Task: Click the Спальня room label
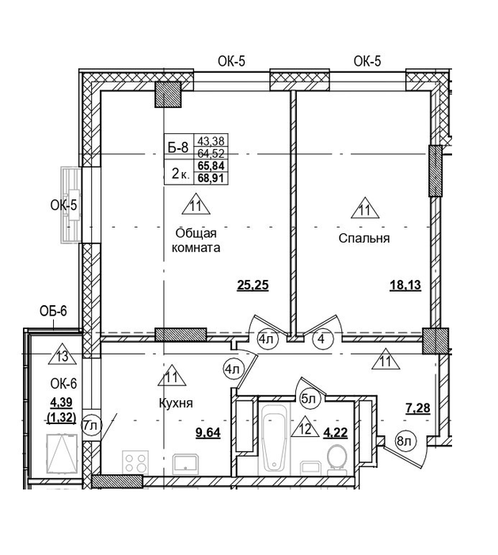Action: tap(364, 238)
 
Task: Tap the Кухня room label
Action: tap(176, 403)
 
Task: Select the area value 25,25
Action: tap(253, 285)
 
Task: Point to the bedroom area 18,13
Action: tap(405, 285)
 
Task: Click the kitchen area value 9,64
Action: tap(208, 433)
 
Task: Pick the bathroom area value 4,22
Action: tap(336, 433)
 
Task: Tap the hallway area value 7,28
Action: tap(418, 408)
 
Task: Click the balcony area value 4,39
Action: tap(61, 402)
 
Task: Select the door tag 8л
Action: tap(405, 442)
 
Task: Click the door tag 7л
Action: tap(92, 426)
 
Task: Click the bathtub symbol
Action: tap(274, 438)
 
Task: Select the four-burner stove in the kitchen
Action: tap(135, 462)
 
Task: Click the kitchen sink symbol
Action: tap(186, 465)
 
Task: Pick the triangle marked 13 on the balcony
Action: tap(63, 354)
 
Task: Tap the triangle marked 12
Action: tap(306, 427)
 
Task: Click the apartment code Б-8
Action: tap(178, 147)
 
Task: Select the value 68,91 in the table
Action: tap(211, 178)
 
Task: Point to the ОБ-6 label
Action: tap(53, 311)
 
